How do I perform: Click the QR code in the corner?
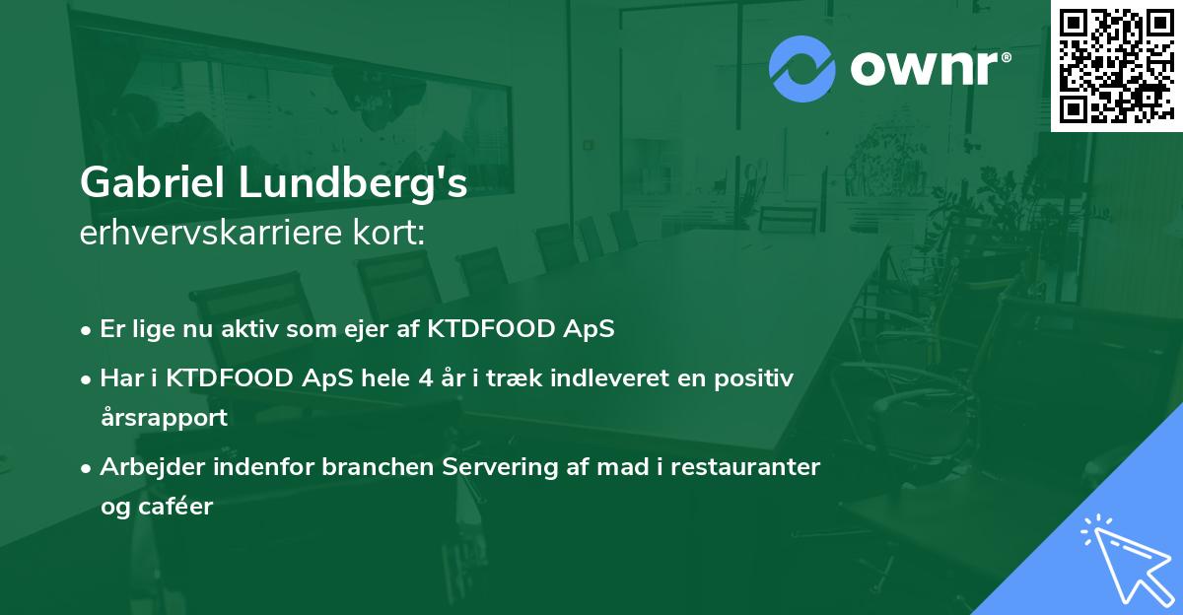click(1116, 65)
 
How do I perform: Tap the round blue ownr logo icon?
click(801, 69)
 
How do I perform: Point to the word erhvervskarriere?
click(215, 234)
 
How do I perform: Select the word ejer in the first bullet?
click(376, 330)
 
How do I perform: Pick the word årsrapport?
click(164, 418)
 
